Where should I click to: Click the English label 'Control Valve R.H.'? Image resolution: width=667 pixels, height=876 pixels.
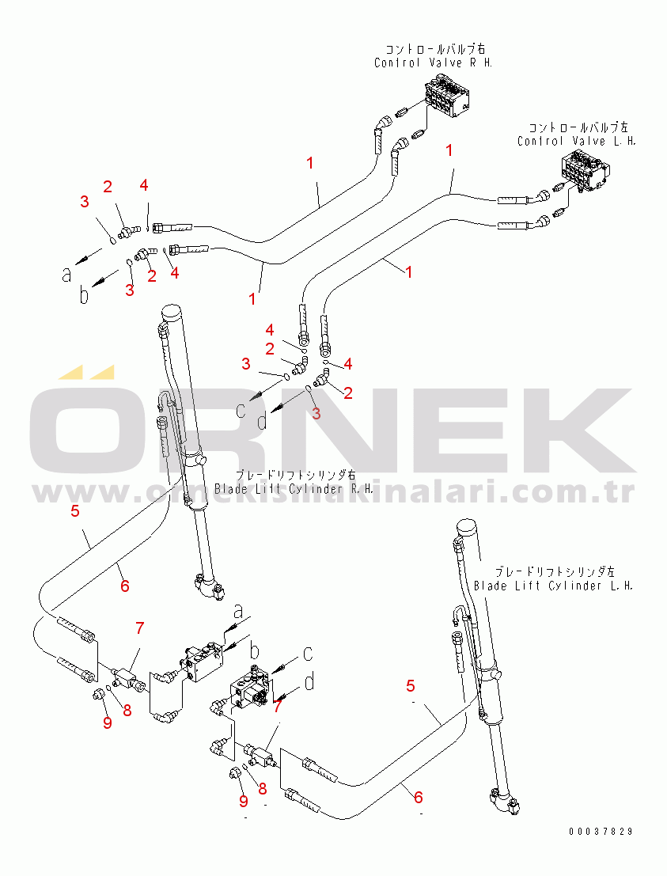click(433, 63)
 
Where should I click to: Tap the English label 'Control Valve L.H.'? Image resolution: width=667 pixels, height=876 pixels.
click(577, 141)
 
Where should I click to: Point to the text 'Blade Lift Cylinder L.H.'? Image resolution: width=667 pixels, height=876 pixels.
click(553, 586)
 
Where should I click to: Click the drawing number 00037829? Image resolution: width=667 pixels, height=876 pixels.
click(601, 832)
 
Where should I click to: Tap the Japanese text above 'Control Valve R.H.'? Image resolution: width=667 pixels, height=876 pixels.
click(433, 49)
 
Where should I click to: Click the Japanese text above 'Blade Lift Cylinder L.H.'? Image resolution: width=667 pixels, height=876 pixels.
click(554, 571)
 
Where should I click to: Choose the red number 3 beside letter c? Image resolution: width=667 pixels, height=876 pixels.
click(246, 363)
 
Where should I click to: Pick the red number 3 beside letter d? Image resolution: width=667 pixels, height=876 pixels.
click(315, 413)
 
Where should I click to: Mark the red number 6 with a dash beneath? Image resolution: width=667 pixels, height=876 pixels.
click(419, 797)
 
